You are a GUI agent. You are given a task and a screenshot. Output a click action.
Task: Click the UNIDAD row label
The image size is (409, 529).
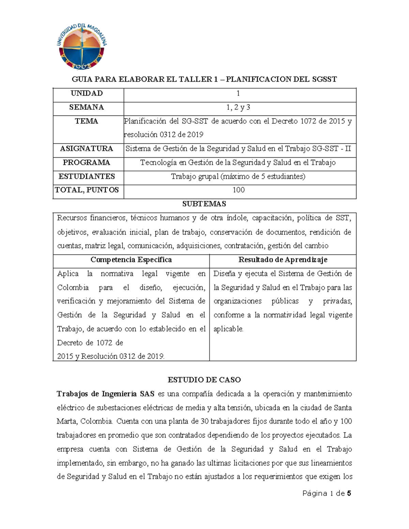87,93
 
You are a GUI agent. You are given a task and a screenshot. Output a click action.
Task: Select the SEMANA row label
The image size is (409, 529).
87,107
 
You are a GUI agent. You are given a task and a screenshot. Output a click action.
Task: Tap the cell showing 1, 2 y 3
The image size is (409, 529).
238,108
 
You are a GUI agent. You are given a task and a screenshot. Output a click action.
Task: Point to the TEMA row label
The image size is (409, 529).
87,121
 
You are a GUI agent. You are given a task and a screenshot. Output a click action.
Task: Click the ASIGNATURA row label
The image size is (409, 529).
87,149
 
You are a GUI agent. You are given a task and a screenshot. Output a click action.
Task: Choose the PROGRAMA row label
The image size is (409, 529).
87,162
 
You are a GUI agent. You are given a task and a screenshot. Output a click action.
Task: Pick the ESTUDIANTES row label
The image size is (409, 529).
87,176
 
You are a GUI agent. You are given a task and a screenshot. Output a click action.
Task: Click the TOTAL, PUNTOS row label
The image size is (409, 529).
87,190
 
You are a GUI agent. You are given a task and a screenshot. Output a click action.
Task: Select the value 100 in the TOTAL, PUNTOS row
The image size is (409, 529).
238,190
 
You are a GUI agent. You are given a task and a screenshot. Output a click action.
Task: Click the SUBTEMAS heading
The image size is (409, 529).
204,204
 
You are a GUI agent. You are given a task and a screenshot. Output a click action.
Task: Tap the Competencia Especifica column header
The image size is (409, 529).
131,260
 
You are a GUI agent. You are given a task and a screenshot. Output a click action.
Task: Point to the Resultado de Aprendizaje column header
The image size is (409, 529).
283,260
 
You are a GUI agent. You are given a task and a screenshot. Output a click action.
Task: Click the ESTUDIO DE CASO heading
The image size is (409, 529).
204,380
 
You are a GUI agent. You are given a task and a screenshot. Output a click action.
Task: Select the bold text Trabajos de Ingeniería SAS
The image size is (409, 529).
106,394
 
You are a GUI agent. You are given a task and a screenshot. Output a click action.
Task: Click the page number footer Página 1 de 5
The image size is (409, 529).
327,494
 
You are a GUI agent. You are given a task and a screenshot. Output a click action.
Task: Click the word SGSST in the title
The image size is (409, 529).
324,79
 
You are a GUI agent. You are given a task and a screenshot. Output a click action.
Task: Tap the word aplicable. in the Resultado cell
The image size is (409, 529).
228,329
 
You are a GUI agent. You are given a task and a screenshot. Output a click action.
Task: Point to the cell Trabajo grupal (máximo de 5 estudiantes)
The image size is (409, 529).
238,176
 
